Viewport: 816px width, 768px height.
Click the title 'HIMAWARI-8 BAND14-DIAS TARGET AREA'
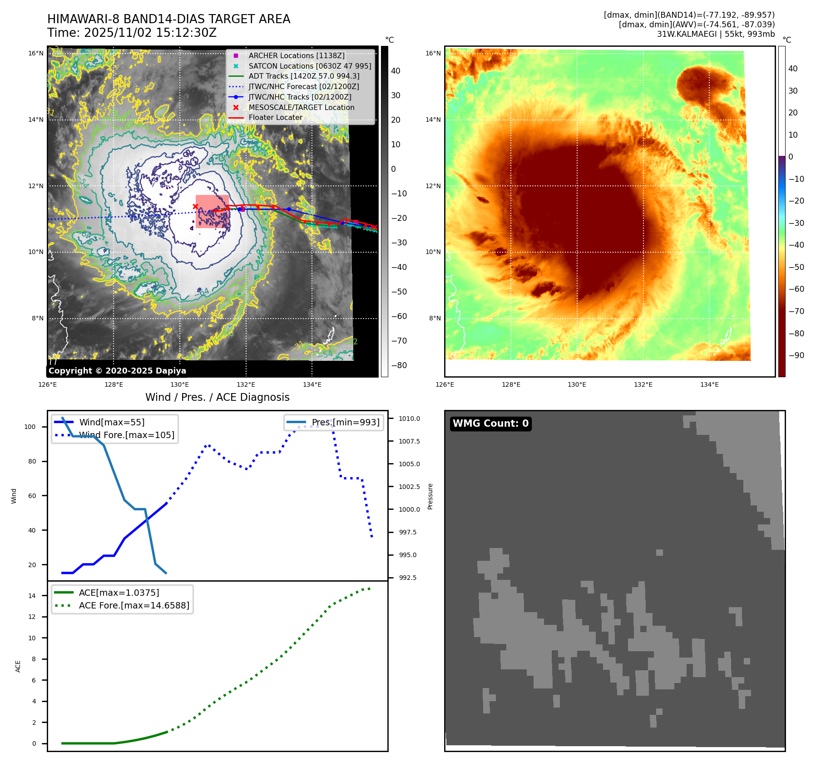coord(168,19)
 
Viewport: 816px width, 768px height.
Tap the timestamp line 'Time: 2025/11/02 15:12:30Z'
coord(132,33)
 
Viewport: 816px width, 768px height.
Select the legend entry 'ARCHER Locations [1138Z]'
coord(296,55)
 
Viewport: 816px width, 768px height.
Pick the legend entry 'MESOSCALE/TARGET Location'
coord(301,107)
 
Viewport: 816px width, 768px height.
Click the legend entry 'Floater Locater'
coord(275,117)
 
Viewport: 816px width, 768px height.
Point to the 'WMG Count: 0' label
coord(490,424)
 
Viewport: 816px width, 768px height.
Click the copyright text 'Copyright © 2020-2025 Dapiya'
coord(117,371)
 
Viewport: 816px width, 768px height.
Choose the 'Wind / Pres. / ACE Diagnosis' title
coord(217,397)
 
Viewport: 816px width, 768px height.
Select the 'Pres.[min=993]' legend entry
coord(345,422)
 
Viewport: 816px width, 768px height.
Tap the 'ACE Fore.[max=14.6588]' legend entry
coord(134,605)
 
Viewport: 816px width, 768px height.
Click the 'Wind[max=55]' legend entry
coord(112,422)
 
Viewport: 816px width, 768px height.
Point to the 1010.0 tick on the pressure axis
coord(409,419)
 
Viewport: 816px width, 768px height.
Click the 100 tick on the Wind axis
coord(30,427)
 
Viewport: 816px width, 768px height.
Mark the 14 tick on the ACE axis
coord(32,596)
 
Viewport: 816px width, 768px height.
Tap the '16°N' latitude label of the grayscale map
coord(36,53)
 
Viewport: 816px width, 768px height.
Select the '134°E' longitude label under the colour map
coord(709,384)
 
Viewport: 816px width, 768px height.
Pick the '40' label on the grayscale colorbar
coord(396,71)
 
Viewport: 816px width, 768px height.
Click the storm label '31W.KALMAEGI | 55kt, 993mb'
coord(716,34)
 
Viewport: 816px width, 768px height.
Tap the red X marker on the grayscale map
coord(195,207)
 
